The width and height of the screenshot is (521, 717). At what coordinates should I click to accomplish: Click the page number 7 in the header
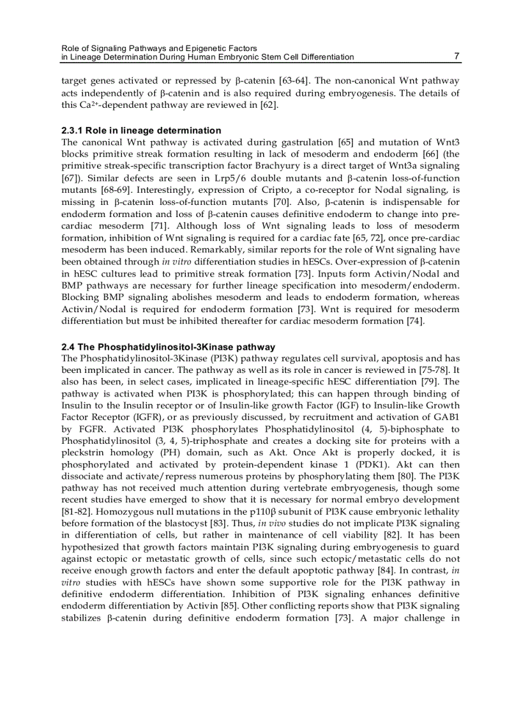[x=457, y=56]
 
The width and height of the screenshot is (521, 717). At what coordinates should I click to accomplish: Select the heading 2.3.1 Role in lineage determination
[x=141, y=130]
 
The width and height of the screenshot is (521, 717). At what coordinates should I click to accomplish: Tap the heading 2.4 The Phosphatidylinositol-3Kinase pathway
[x=169, y=347]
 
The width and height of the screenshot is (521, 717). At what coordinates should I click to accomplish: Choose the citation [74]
[x=415, y=321]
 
